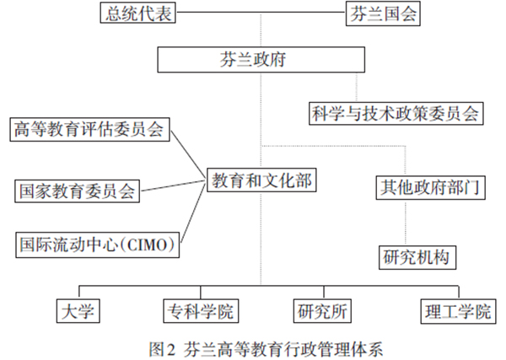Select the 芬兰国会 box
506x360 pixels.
tap(383, 13)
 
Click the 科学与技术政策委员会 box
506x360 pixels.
tap(396, 112)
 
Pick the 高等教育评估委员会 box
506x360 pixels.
tap(90, 130)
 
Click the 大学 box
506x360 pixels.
tap(77, 311)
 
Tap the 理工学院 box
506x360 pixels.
tap(455, 311)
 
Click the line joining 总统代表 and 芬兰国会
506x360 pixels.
tap(261, 13)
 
